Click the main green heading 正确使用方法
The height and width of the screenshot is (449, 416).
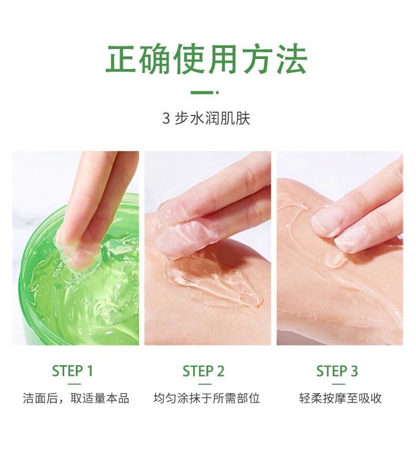pyautogui.click(x=206, y=59)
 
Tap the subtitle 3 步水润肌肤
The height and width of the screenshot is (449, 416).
pyautogui.click(x=206, y=118)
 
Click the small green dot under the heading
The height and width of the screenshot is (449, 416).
pyautogui.click(x=217, y=93)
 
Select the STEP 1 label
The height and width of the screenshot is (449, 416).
pyautogui.click(x=72, y=371)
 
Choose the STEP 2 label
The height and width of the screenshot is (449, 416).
pyautogui.click(x=203, y=371)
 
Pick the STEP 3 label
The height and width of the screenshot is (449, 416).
pyautogui.click(x=337, y=371)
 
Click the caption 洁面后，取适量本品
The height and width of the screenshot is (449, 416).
pyautogui.click(x=76, y=398)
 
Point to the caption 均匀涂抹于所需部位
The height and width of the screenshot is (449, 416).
pyautogui.click(x=206, y=398)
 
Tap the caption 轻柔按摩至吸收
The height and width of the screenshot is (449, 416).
pyautogui.click(x=341, y=398)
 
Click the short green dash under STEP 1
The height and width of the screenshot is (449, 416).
pyautogui.click(x=74, y=384)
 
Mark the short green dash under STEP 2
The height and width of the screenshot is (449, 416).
pyautogui.click(x=204, y=384)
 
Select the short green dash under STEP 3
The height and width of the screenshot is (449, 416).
pyautogui.click(x=339, y=384)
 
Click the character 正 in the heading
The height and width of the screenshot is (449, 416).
pyautogui.click(x=121, y=59)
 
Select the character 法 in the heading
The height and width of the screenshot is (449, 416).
pyautogui.click(x=292, y=59)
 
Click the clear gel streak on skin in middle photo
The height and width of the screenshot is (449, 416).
pyautogui.click(x=217, y=284)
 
